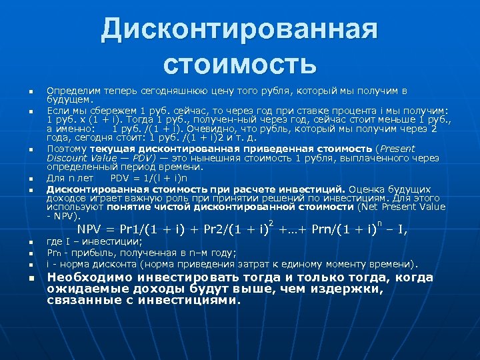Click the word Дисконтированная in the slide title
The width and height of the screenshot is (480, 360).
(239, 30)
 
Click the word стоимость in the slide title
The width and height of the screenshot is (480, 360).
(239, 65)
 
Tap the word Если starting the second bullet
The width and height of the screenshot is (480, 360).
(55, 109)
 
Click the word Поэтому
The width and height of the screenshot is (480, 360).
(65, 149)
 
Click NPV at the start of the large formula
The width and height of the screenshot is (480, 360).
(111, 231)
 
